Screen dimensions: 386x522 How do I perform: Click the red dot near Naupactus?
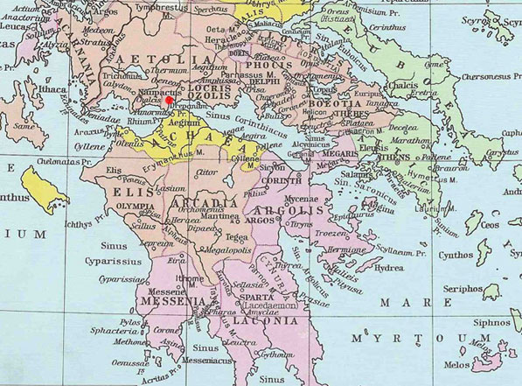(169, 100)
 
